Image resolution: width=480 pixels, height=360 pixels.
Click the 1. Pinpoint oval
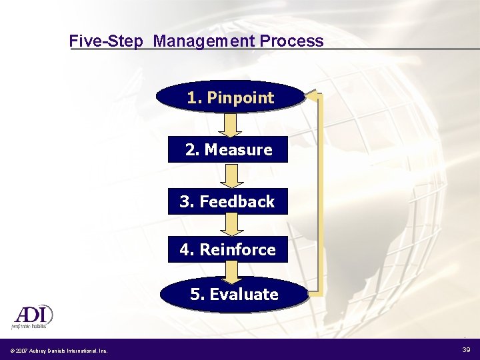pos(229,97)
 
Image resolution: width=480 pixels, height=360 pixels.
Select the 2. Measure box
pos(228,150)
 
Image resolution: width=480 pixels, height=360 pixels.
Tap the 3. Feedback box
pos(227,201)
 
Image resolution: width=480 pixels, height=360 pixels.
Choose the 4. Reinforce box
pos(227,249)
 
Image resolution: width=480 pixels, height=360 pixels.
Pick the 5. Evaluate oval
pos(233,295)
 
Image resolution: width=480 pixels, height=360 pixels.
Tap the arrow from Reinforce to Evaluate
pos(231,272)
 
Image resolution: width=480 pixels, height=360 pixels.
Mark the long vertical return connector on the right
pos(319,193)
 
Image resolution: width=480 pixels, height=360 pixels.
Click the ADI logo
pos(31,315)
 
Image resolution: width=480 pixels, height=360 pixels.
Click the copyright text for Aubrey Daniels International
pos(58,351)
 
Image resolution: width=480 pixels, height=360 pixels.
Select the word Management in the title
pos(204,41)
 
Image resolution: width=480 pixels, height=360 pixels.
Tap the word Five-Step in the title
pos(106,41)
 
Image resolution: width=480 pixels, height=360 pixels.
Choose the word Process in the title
pos(292,41)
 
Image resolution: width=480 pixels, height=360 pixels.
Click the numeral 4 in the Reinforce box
pos(185,250)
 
